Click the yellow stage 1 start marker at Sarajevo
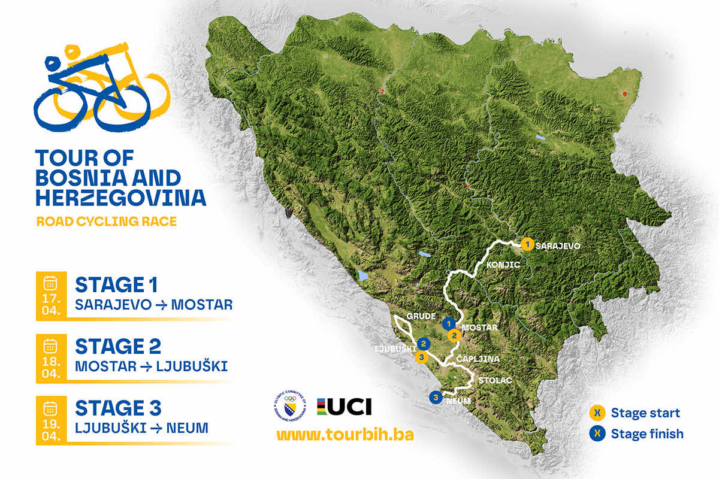click(527, 244)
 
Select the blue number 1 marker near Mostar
click(447, 323)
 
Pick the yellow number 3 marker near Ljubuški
click(421, 357)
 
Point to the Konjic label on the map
click(496, 263)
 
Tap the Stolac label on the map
click(491, 380)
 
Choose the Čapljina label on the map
click(475, 359)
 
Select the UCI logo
click(345, 407)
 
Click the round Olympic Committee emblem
click(291, 407)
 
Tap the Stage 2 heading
click(118, 346)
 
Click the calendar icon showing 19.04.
click(51, 409)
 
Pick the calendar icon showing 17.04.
click(51, 283)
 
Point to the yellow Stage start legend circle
click(597, 413)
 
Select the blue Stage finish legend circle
click(597, 433)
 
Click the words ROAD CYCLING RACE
click(107, 222)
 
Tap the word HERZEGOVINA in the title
click(120, 197)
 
